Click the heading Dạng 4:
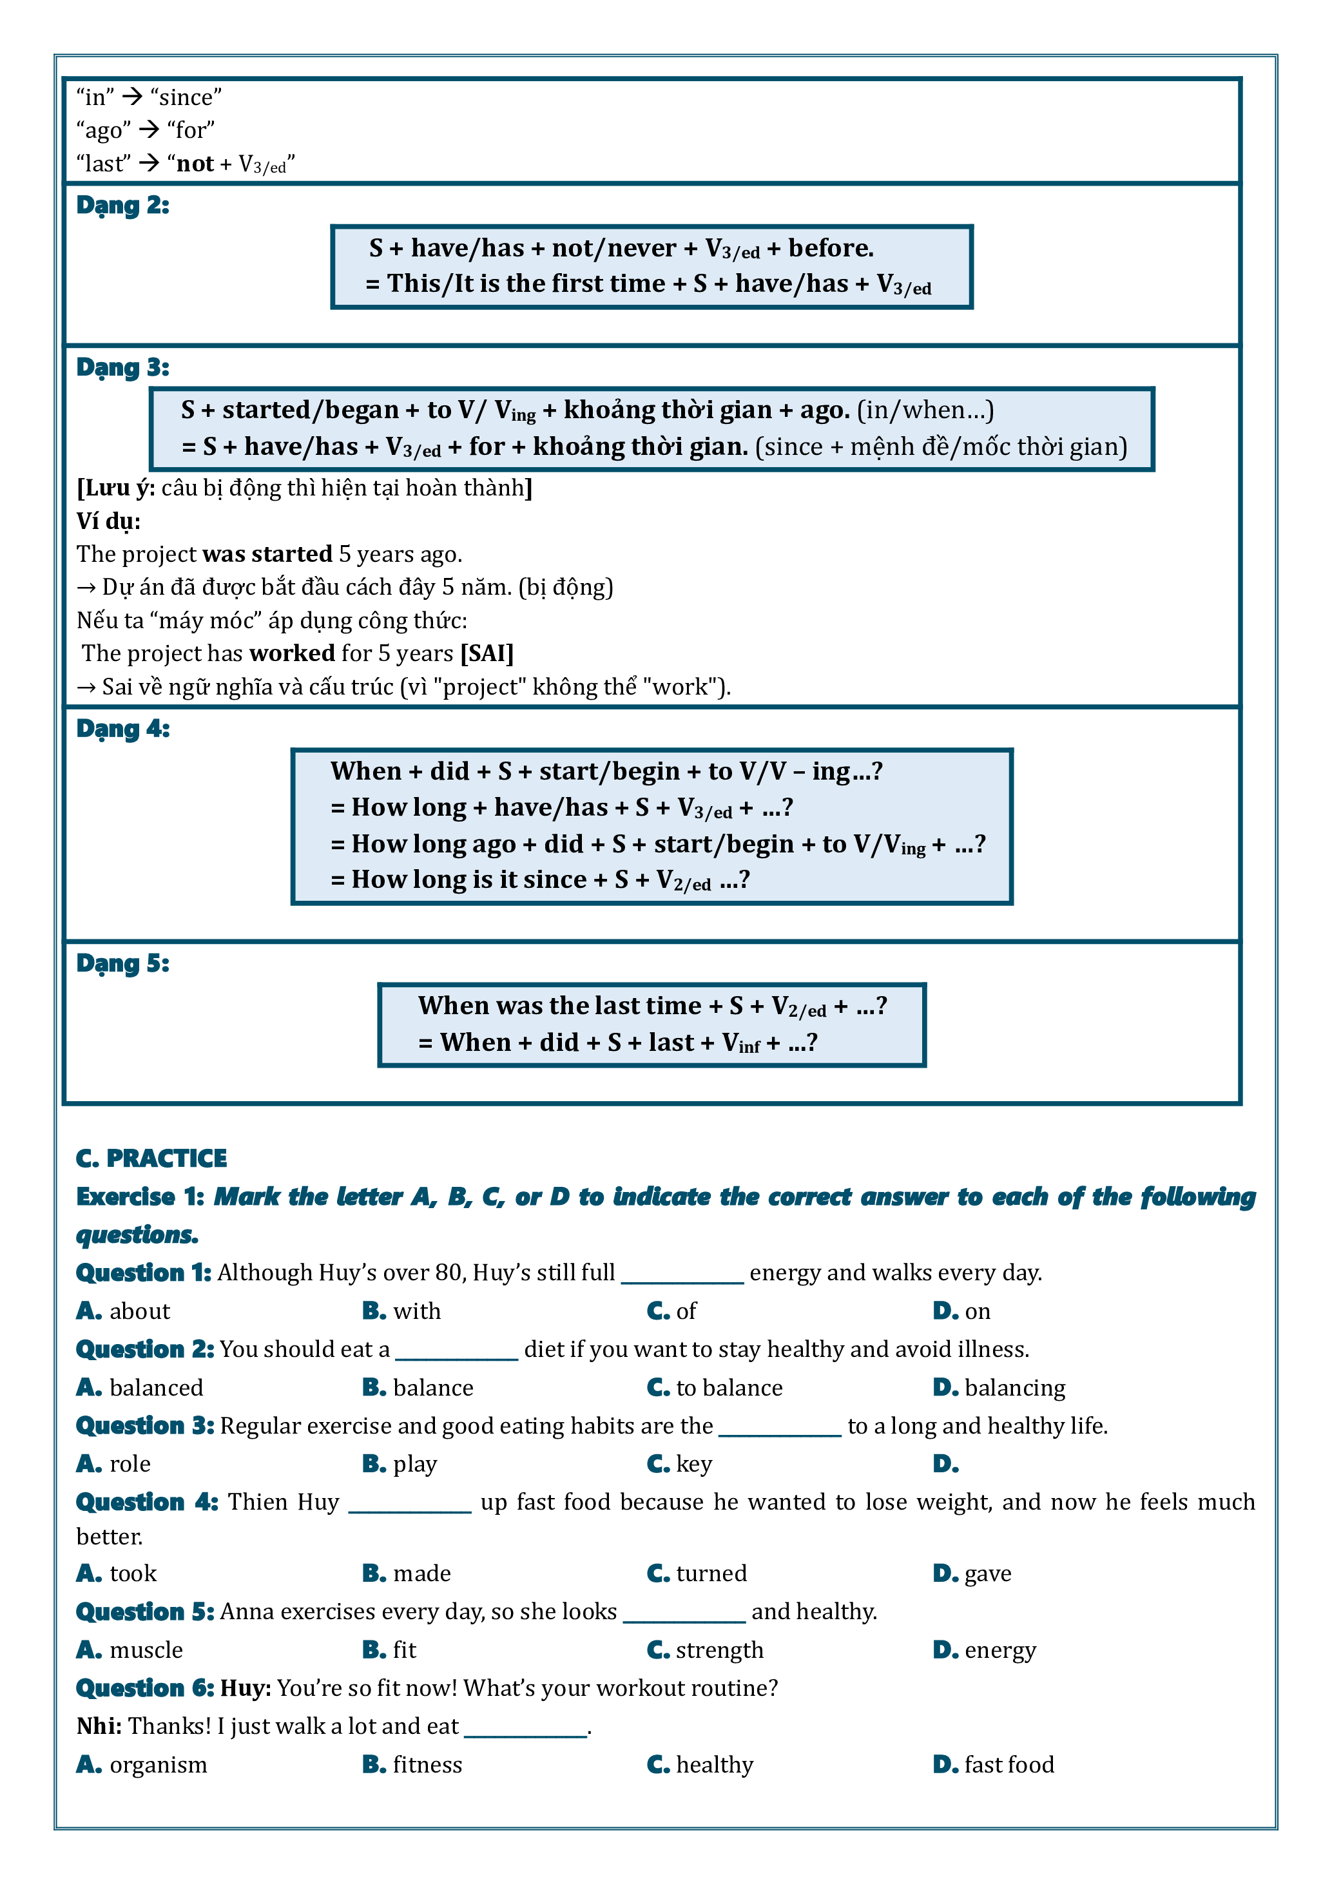click(122, 729)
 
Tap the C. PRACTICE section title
click(151, 1158)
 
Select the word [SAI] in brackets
click(487, 653)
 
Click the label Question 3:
click(144, 1426)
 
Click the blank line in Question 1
click(682, 1277)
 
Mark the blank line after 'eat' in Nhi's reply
click(525, 1731)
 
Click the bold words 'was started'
click(267, 554)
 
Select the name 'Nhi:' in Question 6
click(99, 1725)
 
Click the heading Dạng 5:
click(122, 963)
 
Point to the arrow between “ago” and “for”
click(149, 130)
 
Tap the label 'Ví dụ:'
click(108, 521)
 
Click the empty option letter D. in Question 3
click(945, 1464)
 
